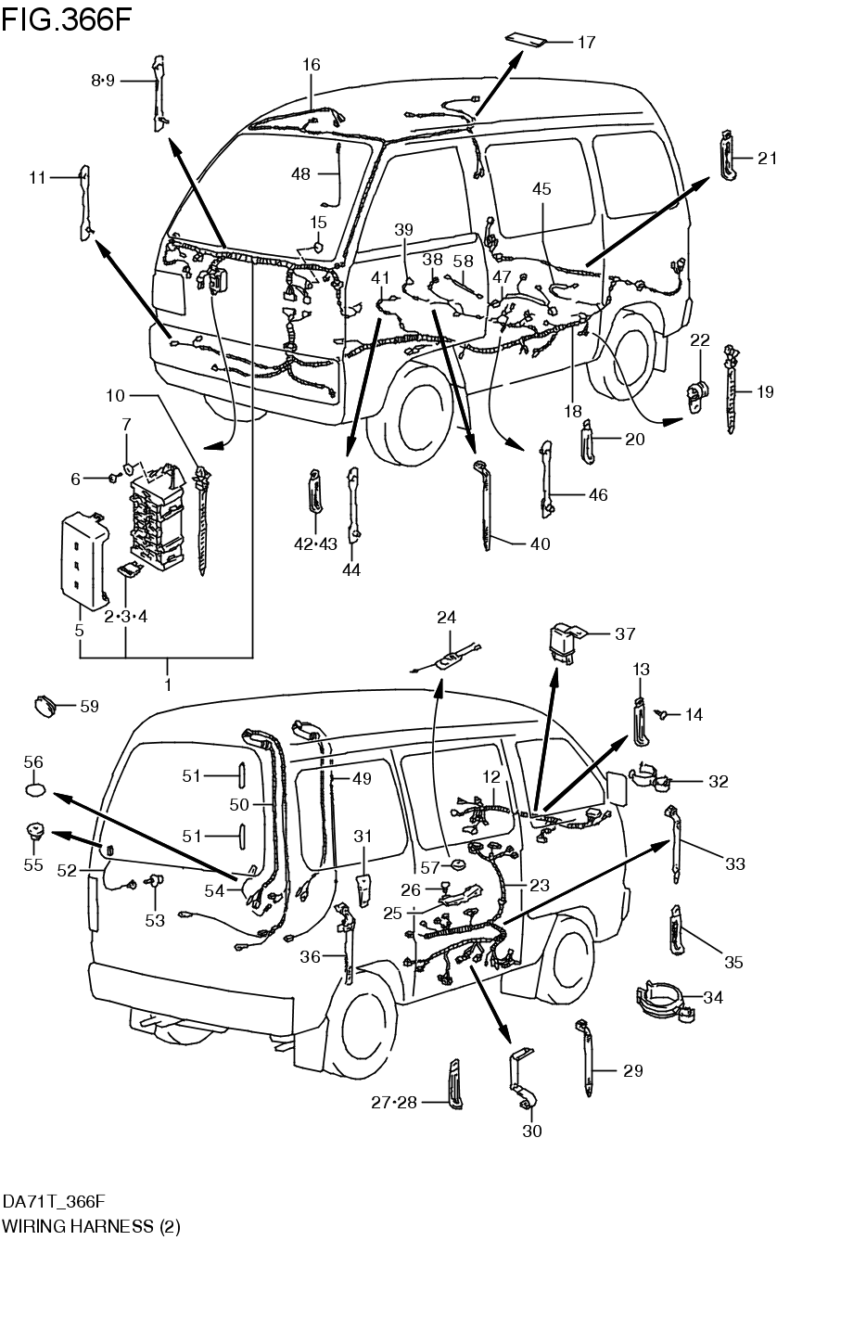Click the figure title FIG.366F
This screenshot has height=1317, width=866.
(x=67, y=20)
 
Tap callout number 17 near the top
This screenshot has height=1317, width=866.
(x=586, y=43)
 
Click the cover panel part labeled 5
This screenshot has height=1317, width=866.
(x=82, y=561)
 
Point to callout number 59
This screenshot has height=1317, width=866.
(x=89, y=707)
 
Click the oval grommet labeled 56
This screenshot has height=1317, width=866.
(x=34, y=789)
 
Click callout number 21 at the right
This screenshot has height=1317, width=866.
(x=767, y=159)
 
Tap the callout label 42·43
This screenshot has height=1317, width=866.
(x=316, y=544)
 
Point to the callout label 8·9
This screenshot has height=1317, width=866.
(x=103, y=81)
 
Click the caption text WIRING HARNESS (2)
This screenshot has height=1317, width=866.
(x=91, y=1227)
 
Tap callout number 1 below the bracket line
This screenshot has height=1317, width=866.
(x=168, y=685)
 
